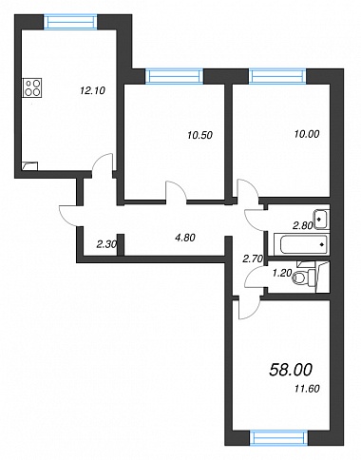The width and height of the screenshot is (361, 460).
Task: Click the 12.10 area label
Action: pos(92,91)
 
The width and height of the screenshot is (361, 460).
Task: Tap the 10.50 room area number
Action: pos(199,135)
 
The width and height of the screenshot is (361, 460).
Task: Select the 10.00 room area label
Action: pos(307,134)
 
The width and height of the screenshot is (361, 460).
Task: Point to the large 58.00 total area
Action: pos(291,370)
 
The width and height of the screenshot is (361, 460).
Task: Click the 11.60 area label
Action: pos(307,388)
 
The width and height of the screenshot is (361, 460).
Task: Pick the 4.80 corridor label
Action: pos(185,238)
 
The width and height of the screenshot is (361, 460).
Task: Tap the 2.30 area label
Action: pos(107,244)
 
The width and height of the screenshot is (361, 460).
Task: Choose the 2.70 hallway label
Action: pos(253,259)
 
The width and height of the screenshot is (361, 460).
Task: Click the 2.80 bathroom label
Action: pos(303,225)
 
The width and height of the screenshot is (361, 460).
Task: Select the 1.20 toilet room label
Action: pos(281,273)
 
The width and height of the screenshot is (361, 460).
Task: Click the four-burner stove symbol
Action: pos(32,87)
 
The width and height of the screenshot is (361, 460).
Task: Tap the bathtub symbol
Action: pos(300,244)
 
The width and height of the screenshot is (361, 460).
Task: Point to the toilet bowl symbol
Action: pos(303,278)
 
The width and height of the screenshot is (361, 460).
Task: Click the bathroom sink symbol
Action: pos(321,219)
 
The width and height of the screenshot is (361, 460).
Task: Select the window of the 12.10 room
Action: pos(70,22)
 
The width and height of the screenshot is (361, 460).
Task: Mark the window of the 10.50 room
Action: pos(174,76)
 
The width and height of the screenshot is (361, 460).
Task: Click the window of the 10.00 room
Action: pos(277,76)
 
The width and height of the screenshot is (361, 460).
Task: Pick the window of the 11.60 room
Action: pos(278,438)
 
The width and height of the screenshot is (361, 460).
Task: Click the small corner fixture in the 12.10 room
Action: pos(30,166)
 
